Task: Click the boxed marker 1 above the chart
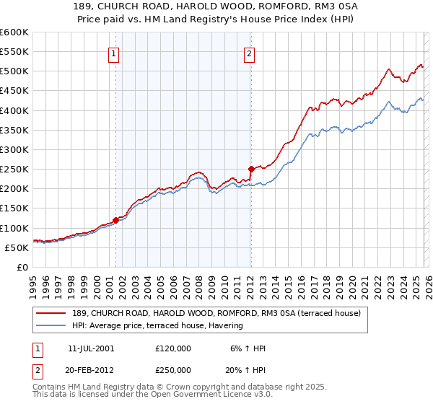pos(115,53)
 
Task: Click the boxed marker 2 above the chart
pos(250,53)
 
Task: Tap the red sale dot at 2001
pos(115,220)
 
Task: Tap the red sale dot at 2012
pos(250,169)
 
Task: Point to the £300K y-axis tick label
pos(14,150)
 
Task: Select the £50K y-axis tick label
pos(16,248)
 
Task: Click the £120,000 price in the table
pos(173,348)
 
